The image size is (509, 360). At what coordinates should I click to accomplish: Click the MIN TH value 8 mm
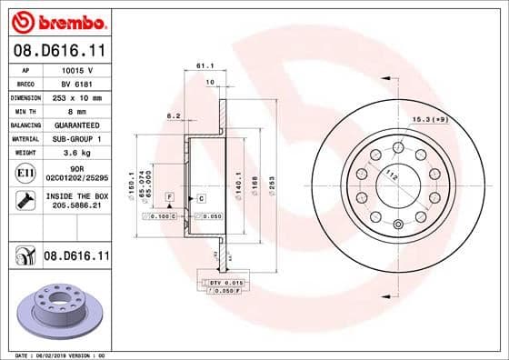click(75, 110)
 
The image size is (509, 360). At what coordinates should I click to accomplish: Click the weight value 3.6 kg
click(75, 153)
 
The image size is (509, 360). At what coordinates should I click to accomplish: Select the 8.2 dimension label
click(172, 115)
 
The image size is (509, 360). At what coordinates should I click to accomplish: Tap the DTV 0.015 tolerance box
click(222, 284)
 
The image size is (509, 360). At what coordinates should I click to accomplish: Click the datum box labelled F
click(169, 196)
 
